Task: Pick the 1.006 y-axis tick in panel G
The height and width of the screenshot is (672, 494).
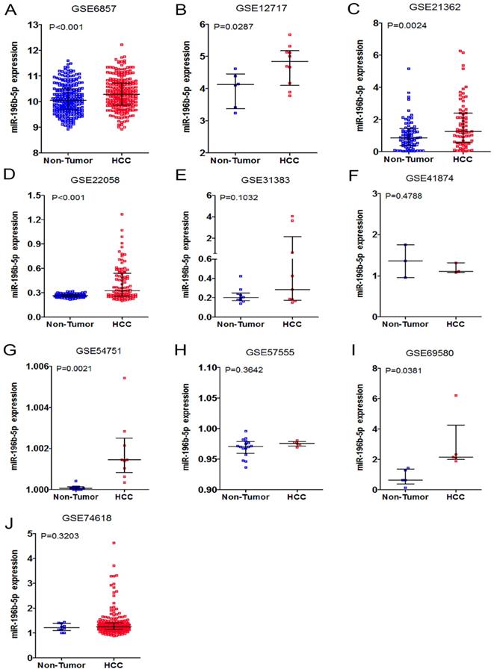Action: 34,366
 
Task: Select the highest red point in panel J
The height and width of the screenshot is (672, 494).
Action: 114,544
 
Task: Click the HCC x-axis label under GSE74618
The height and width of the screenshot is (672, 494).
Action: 114,665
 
